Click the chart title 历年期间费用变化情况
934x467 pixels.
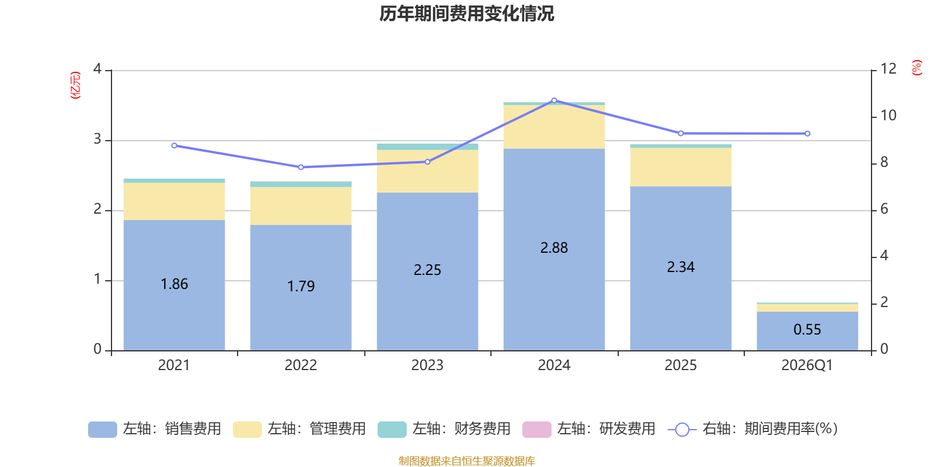coord(466,14)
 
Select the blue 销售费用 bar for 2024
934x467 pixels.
coord(554,250)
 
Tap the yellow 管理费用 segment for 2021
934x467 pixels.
coord(175,201)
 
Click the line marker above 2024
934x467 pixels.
coord(554,100)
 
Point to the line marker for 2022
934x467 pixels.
coord(301,167)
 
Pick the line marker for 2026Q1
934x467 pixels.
coord(808,134)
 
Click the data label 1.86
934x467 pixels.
coord(175,284)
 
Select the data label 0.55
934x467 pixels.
coord(807,330)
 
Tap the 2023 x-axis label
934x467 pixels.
coord(427,365)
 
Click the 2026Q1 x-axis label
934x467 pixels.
coord(807,365)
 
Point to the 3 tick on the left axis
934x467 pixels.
coord(97,139)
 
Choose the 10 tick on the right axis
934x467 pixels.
coord(888,116)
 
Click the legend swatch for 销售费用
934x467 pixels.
coord(103,430)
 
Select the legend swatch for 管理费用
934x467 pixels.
coord(248,430)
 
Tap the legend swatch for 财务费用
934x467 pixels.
coord(392,430)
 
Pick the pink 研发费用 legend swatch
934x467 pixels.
coord(536,430)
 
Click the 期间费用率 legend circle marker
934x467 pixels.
coord(682,430)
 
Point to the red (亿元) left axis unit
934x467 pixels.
coord(75,85)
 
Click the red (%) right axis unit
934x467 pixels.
coord(916,68)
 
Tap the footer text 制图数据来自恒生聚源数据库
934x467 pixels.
coord(466,461)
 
